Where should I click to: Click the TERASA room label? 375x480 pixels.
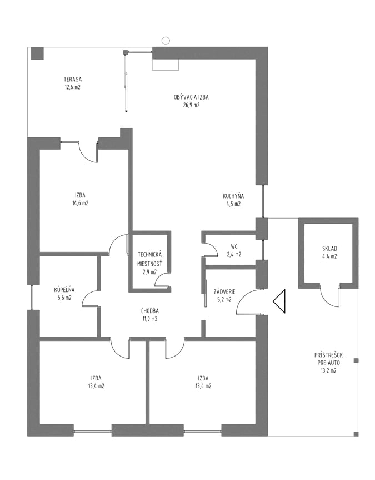coord(73,80)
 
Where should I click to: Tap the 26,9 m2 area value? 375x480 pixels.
coord(191,105)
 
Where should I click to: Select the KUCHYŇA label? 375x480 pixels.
coord(233,196)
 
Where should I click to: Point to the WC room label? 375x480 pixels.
coord(234,246)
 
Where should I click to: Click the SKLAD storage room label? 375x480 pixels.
coord(329,249)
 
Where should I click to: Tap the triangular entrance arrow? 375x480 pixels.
coord(279,301)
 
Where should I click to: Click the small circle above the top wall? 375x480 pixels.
coord(166,40)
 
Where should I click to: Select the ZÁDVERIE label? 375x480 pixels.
coord(224,292)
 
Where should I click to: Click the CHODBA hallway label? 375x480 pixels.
coord(150,311)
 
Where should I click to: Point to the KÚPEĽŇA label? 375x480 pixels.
coord(64,290)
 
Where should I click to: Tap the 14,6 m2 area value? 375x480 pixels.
coord(80,203)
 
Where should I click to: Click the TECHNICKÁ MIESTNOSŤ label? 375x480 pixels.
coord(150,259)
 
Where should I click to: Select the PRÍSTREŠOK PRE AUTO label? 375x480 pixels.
coord(328,359)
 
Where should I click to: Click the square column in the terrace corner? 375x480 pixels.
coord(38,53)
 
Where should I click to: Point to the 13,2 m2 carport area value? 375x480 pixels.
coord(328,371)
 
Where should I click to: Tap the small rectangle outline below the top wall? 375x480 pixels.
coord(166,65)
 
